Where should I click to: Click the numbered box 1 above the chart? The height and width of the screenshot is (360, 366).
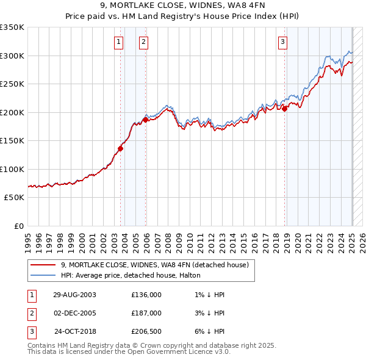(x=118, y=42)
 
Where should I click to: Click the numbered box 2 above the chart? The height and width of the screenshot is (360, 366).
(x=143, y=42)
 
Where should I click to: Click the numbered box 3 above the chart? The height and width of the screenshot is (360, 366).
(x=283, y=42)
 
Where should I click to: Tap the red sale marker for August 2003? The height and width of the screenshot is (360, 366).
(x=120, y=148)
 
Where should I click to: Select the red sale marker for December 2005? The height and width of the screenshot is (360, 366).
(x=145, y=120)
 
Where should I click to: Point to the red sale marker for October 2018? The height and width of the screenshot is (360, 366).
(x=285, y=109)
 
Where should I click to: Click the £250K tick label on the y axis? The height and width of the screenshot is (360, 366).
(x=12, y=84)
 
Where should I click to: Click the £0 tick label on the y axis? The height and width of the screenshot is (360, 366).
(x=19, y=226)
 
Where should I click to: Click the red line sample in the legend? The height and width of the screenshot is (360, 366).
(x=42, y=265)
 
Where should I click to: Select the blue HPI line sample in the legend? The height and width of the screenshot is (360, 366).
(x=42, y=276)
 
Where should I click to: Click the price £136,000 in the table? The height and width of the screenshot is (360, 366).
(x=146, y=295)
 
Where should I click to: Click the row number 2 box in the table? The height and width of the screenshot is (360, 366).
(x=31, y=313)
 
